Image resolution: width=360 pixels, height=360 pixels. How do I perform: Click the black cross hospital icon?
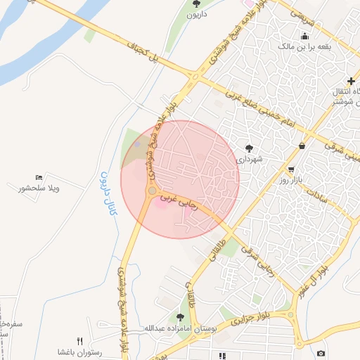(x=351, y=81)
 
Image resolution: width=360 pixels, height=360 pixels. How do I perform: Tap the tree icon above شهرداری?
(x=249, y=148)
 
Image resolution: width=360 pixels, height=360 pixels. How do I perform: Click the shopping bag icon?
(x=302, y=146)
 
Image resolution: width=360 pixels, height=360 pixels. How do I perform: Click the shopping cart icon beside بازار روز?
(x=290, y=170)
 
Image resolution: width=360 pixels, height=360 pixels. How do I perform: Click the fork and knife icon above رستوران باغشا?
(x=79, y=341)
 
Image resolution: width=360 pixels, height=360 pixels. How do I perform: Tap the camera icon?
(x=321, y=353)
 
